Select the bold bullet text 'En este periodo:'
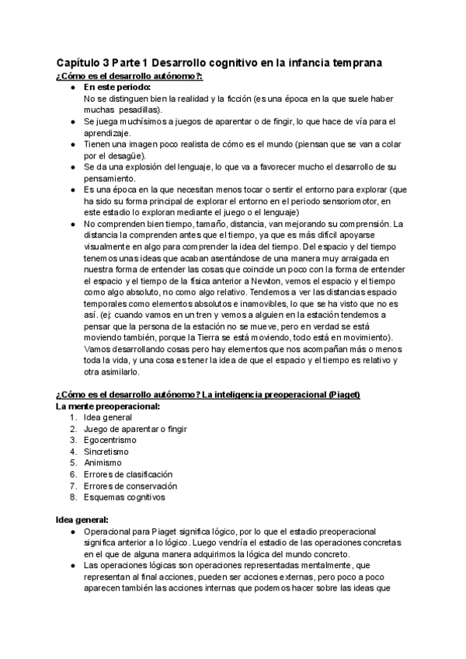coord(116,87)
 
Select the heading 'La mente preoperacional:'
coord(108,406)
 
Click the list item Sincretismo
coord(106,452)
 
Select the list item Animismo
coord(103,462)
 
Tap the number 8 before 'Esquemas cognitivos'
coord(72,497)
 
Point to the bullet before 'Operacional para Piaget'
coord(72,532)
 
